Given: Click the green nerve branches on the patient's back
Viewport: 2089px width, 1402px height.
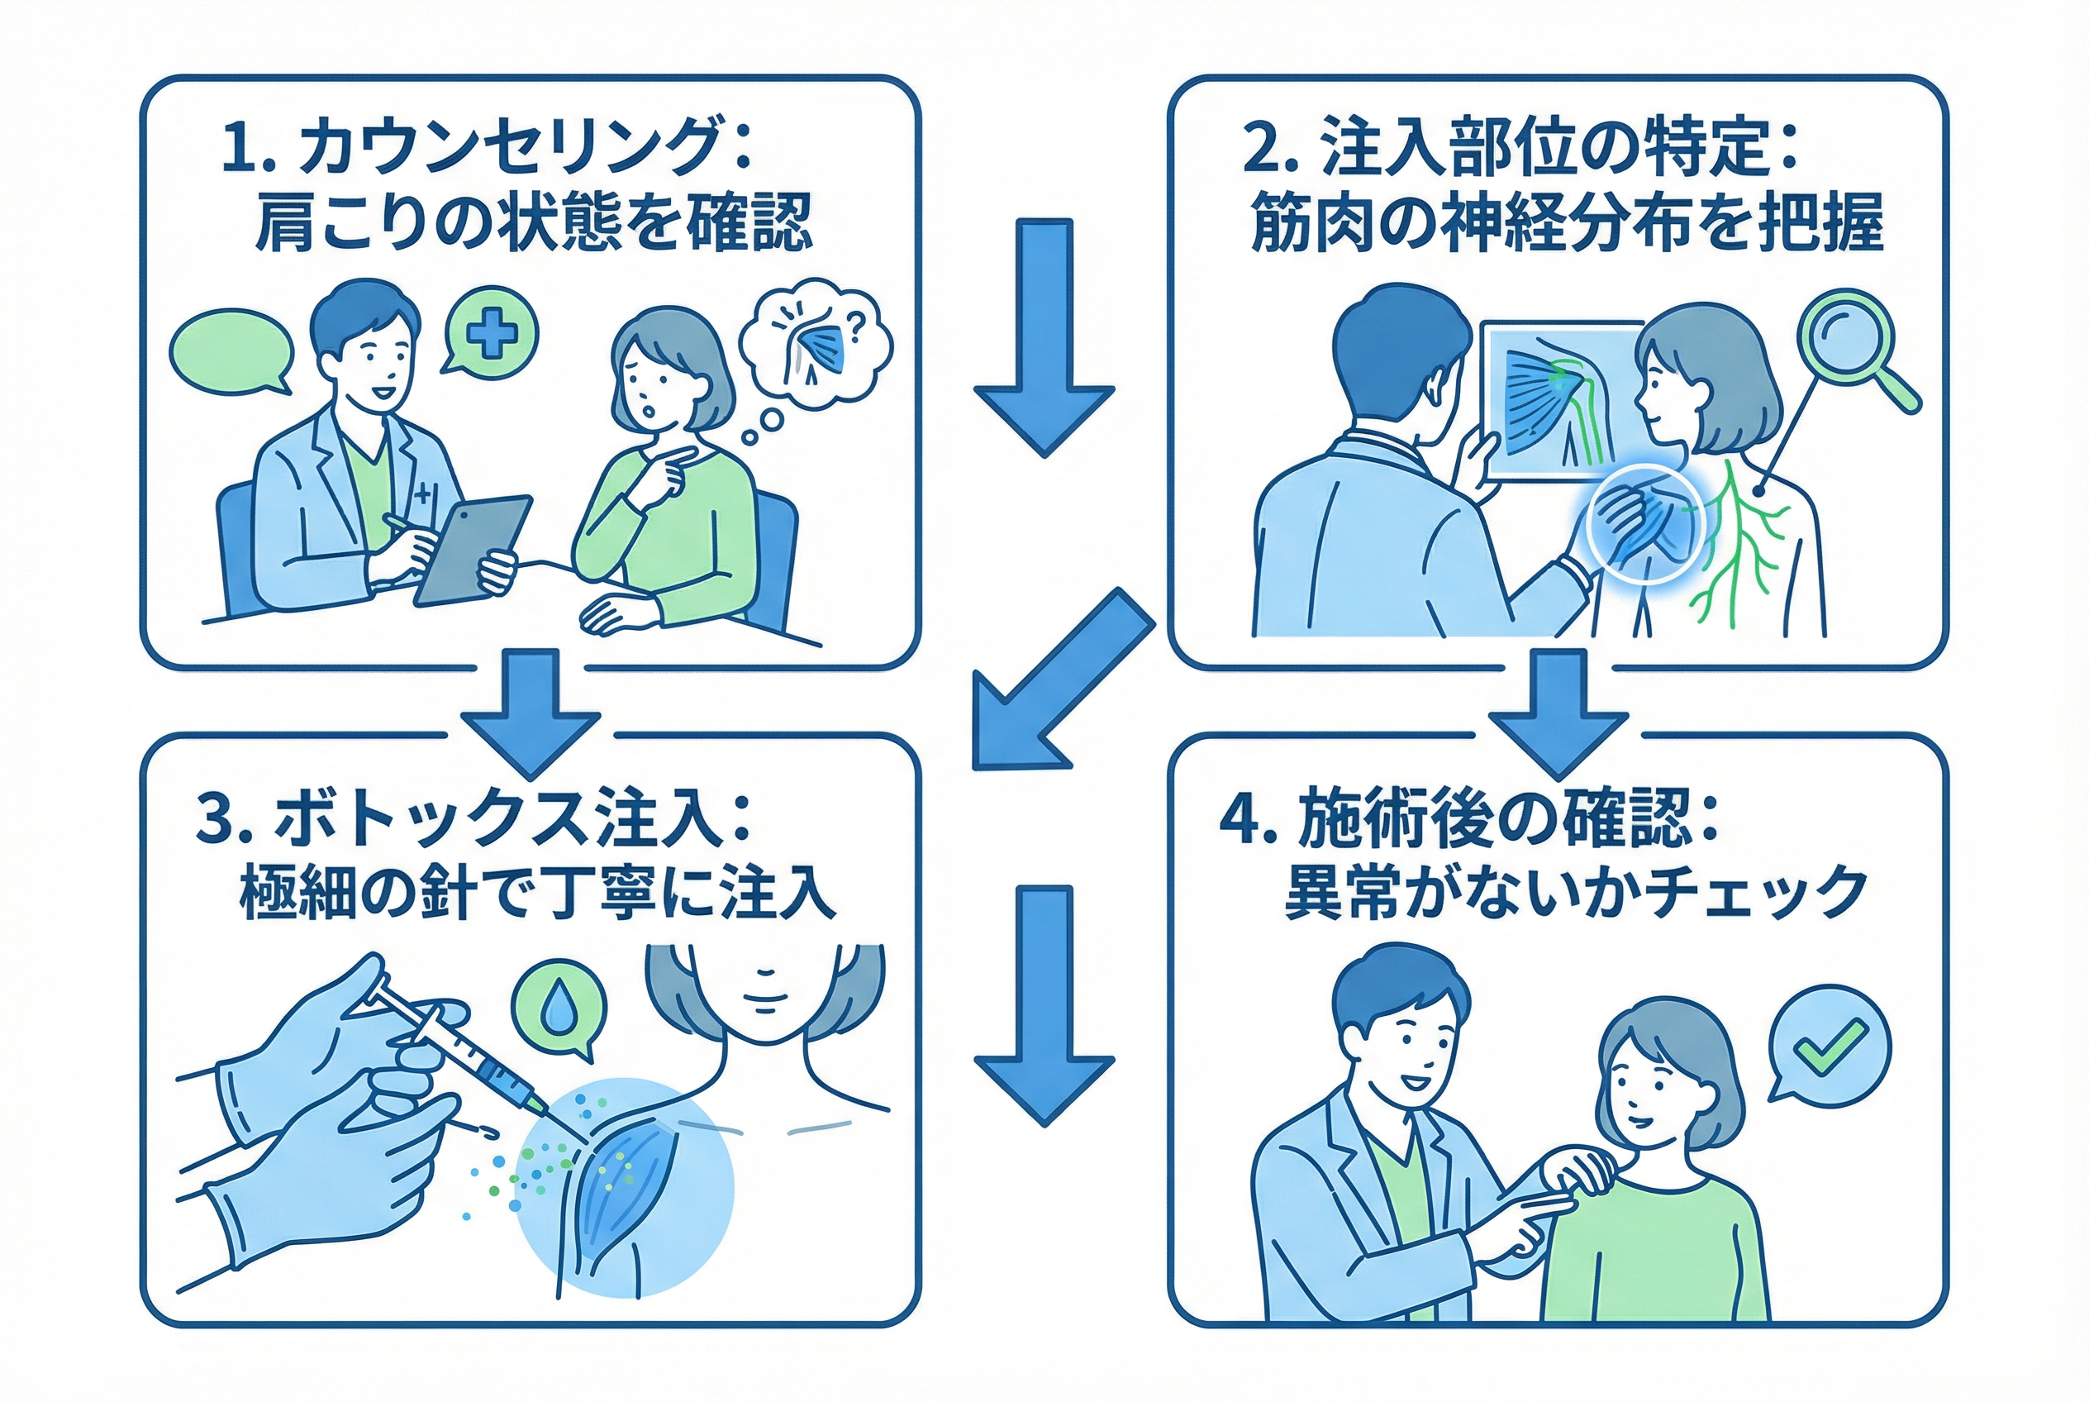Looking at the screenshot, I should [x=1734, y=546].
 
